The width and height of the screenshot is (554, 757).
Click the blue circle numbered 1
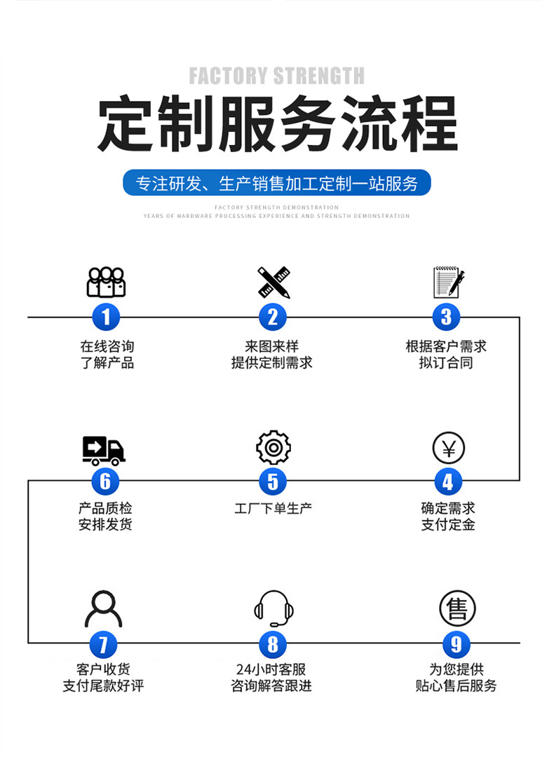click(x=106, y=317)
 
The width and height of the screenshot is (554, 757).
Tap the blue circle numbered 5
click(x=273, y=482)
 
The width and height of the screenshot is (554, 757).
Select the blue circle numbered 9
click(x=457, y=644)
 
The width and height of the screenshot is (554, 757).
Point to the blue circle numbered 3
click(x=447, y=317)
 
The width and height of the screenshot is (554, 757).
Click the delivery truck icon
click(x=104, y=450)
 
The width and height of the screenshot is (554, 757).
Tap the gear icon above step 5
click(x=273, y=447)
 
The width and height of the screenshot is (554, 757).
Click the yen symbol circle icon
click(x=449, y=448)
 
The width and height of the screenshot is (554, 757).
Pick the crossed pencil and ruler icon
click(x=273, y=282)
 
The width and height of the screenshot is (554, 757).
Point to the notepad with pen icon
click(x=448, y=282)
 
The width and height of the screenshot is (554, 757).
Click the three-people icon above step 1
click(x=106, y=282)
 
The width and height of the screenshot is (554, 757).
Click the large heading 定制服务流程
click(x=277, y=125)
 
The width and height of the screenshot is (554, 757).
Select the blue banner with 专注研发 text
click(x=277, y=184)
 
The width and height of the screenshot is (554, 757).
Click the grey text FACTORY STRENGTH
click(x=277, y=76)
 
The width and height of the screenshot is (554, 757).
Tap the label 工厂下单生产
click(x=273, y=508)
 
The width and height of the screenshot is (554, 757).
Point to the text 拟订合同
click(x=446, y=362)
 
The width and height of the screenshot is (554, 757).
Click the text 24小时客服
click(x=271, y=669)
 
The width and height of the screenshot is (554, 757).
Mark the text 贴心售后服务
click(x=456, y=686)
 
